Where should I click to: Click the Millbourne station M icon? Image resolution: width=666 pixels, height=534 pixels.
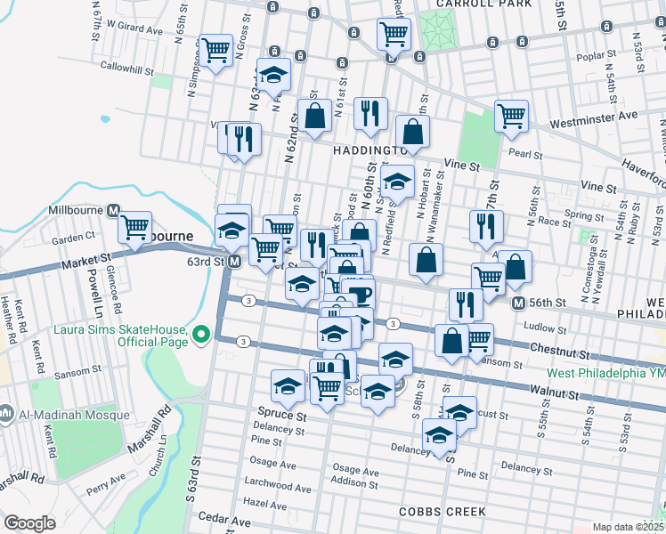[x=113, y=211]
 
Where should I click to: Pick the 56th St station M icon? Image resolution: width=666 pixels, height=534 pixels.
[x=517, y=303]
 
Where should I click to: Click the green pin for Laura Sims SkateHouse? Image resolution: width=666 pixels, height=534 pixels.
[x=201, y=334]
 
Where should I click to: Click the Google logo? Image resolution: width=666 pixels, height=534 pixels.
[x=29, y=523]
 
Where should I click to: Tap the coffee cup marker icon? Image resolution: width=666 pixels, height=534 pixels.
[x=360, y=294]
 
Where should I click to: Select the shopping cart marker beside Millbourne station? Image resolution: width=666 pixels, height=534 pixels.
[x=134, y=227]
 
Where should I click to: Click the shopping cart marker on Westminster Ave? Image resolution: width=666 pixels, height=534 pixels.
[x=511, y=115]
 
